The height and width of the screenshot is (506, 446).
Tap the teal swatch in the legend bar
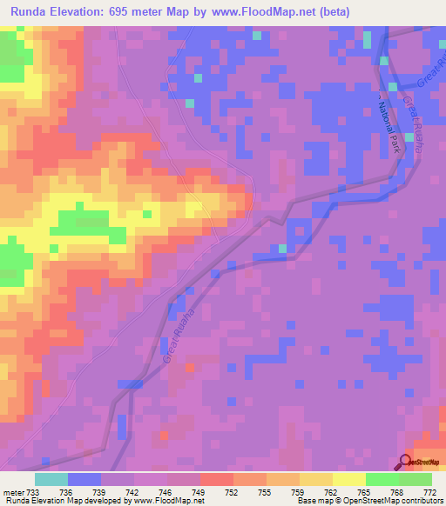pyautogui.click(x=51, y=479)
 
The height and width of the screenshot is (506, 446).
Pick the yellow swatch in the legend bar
pyautogui.click(x=348, y=479)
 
